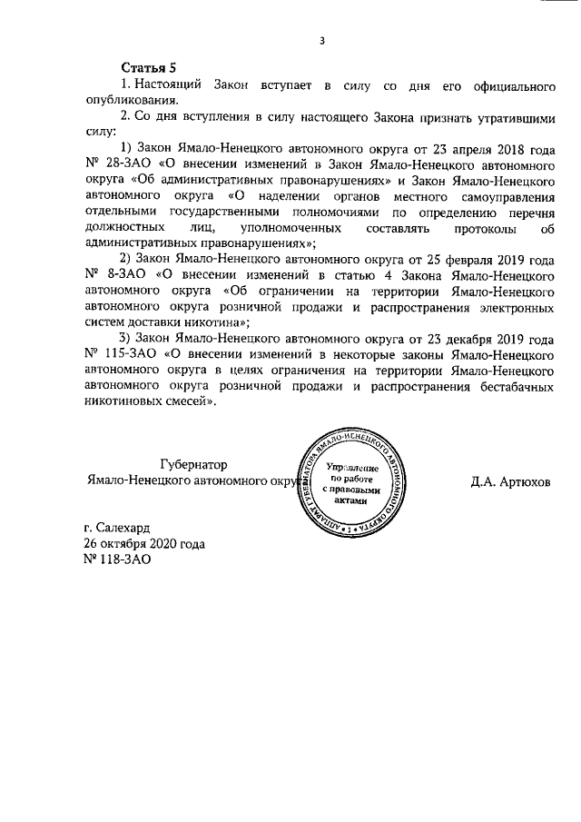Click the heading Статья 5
[x=149, y=69]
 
